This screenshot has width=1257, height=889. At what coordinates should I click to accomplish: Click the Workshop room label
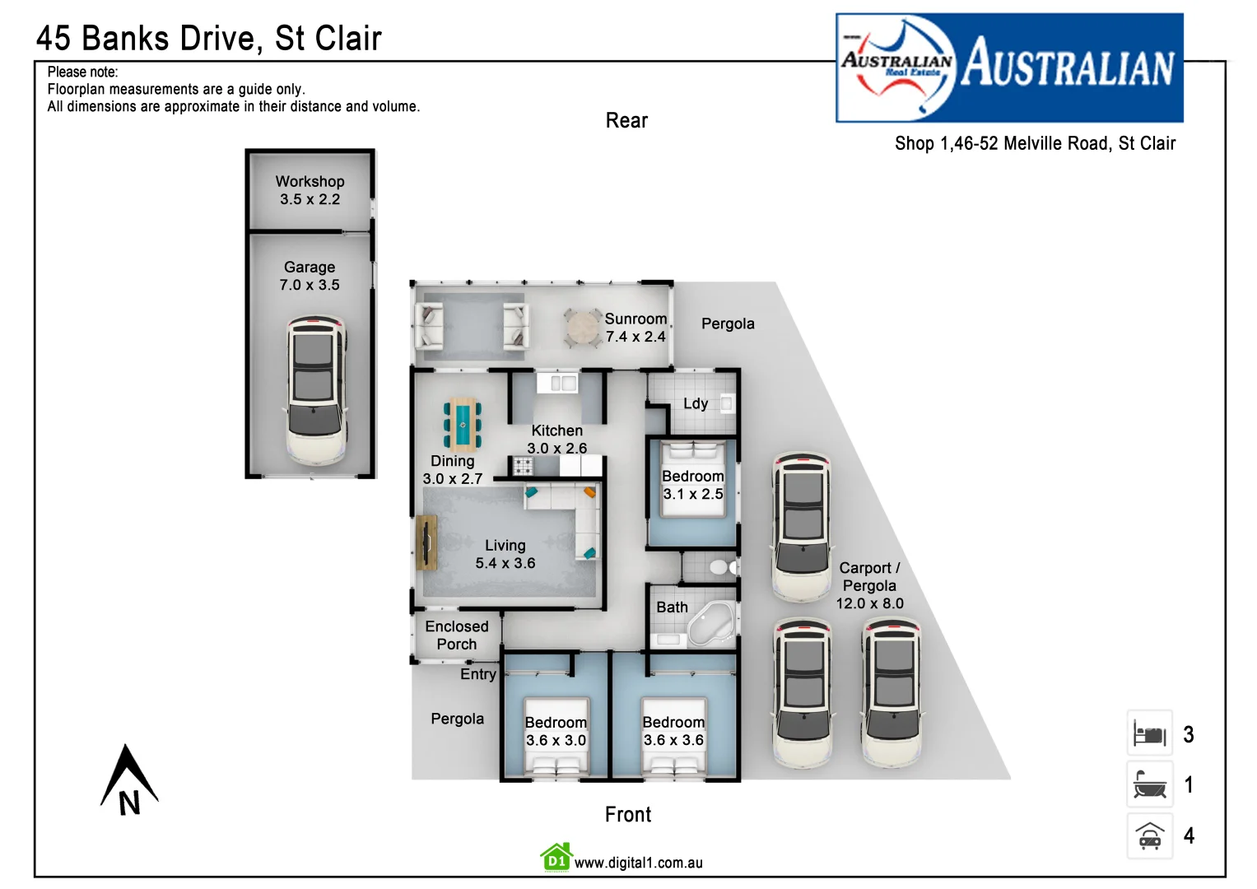point(310,182)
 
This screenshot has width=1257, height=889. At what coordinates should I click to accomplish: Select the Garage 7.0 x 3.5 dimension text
point(310,285)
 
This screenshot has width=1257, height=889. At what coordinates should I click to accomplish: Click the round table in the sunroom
point(583,328)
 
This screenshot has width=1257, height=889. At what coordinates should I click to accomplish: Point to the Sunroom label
point(635,319)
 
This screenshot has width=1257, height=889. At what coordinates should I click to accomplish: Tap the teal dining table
point(463,423)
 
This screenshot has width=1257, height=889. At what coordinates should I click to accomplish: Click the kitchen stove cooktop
point(524,467)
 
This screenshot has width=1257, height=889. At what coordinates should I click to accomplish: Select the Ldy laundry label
point(696,403)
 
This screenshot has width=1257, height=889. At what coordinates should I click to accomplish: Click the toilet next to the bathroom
point(720,567)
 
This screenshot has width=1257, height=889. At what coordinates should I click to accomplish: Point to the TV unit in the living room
point(426,542)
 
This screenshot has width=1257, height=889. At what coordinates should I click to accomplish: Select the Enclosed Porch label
point(457,635)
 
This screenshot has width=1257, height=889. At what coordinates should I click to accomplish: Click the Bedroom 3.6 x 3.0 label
point(556,731)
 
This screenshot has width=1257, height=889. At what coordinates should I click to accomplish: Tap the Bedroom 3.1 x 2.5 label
point(693,485)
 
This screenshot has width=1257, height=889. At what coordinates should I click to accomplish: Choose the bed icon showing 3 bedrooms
point(1149,733)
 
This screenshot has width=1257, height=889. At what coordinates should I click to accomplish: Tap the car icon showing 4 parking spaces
point(1149,836)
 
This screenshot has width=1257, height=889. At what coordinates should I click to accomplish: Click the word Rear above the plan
point(626,121)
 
